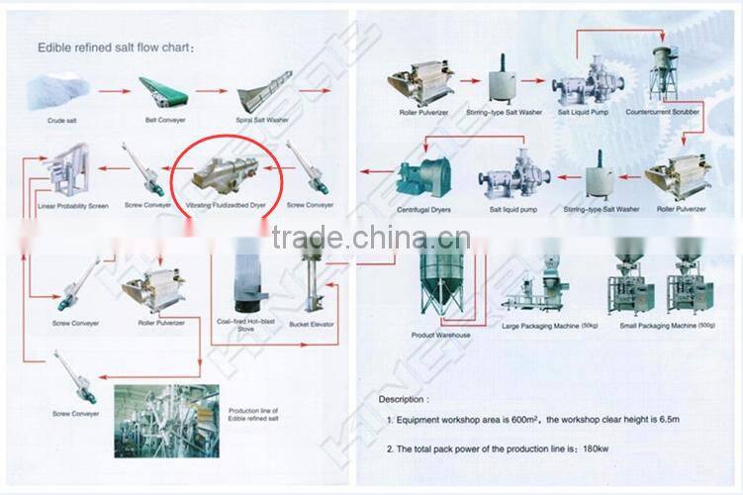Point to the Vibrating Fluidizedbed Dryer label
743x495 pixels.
227,205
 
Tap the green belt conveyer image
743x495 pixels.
163,94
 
